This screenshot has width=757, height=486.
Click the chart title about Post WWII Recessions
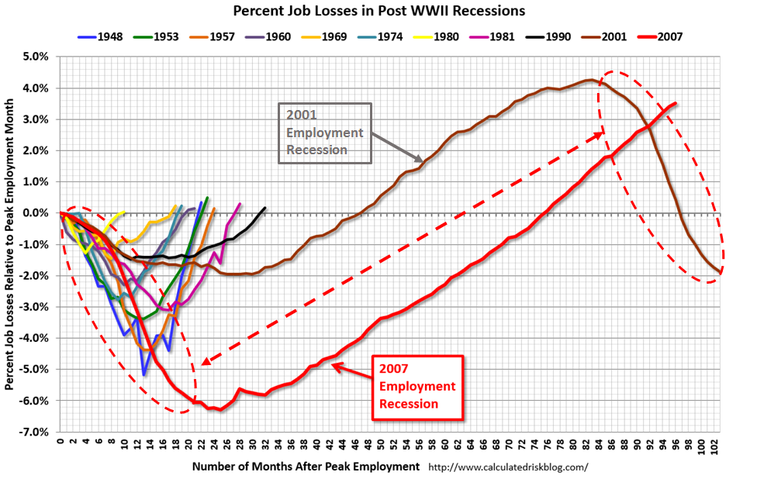tap(378, 12)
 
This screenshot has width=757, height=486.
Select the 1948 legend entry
tap(105, 36)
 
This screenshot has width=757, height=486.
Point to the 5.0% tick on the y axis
tap(37, 57)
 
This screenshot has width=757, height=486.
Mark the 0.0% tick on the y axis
tap(37, 213)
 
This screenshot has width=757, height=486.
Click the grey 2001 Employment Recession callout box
tap(324, 133)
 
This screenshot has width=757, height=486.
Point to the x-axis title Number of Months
tap(306, 467)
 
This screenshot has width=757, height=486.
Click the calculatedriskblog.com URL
tap(508, 467)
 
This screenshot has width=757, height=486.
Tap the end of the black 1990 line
tap(265, 208)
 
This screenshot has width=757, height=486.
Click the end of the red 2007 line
tap(676, 103)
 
